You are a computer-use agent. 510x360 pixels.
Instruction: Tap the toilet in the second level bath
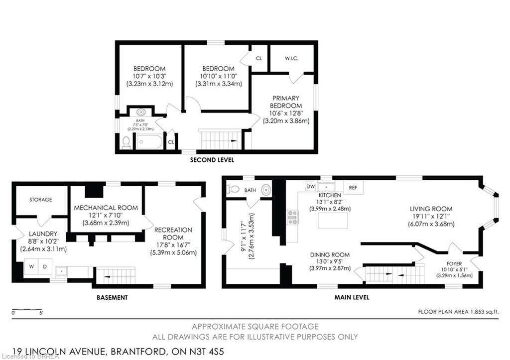[x=126, y=143]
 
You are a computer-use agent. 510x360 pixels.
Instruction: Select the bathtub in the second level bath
[x=149, y=142]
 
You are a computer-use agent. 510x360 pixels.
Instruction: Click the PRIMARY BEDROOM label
[x=285, y=102]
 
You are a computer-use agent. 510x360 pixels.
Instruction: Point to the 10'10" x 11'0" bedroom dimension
[x=218, y=76]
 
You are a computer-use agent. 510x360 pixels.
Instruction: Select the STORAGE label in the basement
[x=40, y=200]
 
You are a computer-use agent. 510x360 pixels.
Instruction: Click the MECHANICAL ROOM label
[x=106, y=207]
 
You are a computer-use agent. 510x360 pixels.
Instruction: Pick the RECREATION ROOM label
[x=173, y=234]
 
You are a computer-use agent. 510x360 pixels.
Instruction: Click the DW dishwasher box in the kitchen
[x=310, y=186]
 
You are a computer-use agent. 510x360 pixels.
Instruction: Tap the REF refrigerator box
[x=353, y=187]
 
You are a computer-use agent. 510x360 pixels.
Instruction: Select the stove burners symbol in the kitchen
[x=292, y=217]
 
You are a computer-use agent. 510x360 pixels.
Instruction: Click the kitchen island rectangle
[x=332, y=220]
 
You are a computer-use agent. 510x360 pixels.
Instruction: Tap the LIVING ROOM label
[x=431, y=209]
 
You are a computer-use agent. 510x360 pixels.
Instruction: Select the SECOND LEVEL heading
[x=212, y=160]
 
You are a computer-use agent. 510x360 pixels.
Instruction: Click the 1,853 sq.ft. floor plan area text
[x=458, y=312]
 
